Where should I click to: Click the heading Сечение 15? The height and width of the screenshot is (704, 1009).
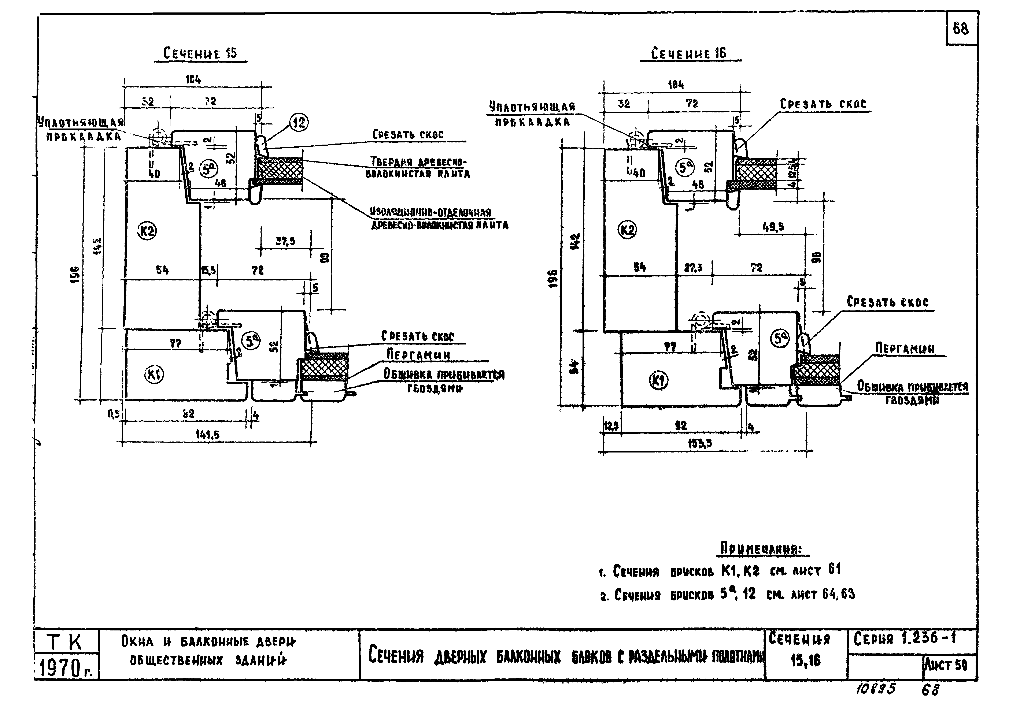tap(200, 54)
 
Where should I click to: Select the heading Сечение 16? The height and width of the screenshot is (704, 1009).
tap(689, 54)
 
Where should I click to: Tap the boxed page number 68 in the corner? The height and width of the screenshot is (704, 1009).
tap(961, 29)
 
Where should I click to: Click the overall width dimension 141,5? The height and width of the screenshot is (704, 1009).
tap(207, 435)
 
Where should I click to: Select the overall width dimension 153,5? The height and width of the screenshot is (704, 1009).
tap(700, 444)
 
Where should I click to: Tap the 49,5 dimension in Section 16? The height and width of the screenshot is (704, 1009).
tap(773, 227)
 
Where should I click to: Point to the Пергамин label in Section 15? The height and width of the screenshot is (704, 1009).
tap(418, 354)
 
